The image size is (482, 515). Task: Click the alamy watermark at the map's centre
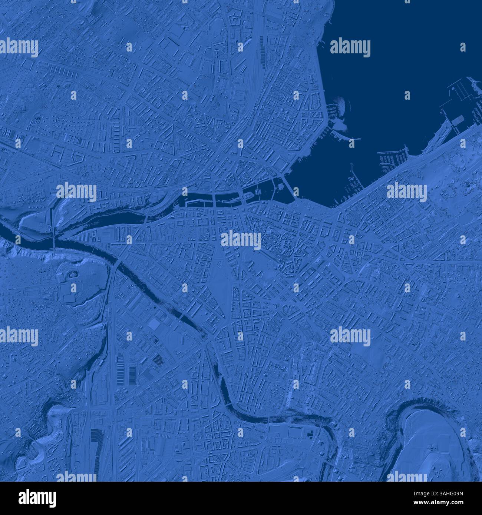coord(241,240)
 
